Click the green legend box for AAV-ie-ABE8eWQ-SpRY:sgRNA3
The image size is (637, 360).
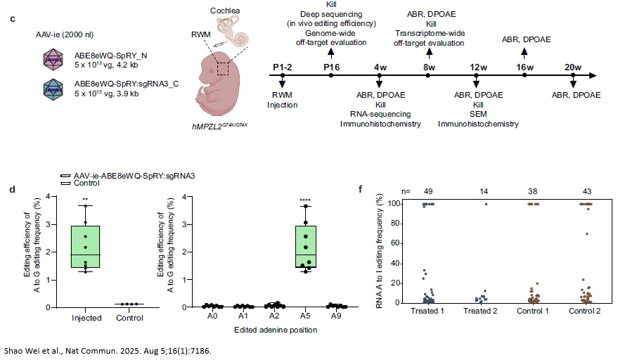click(x=66, y=175)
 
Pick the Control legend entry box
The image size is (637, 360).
click(x=66, y=183)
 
